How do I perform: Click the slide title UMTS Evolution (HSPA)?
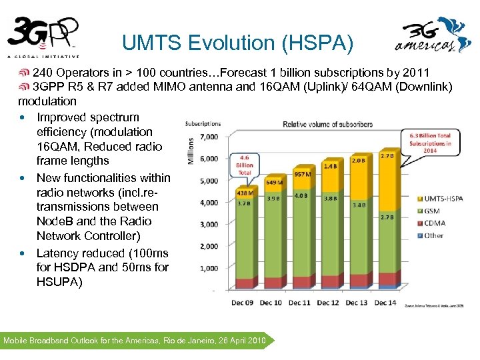pyautogui.click(x=237, y=43)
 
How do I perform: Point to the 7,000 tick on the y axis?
pyautogui.click(x=209, y=137)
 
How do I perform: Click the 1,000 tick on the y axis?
pyautogui.click(x=209, y=268)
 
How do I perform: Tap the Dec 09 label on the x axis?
pyautogui.click(x=243, y=303)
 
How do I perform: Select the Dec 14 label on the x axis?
pyautogui.click(x=385, y=303)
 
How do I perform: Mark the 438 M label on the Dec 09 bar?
pyautogui.click(x=244, y=193)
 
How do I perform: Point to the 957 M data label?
pyautogui.click(x=303, y=174)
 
